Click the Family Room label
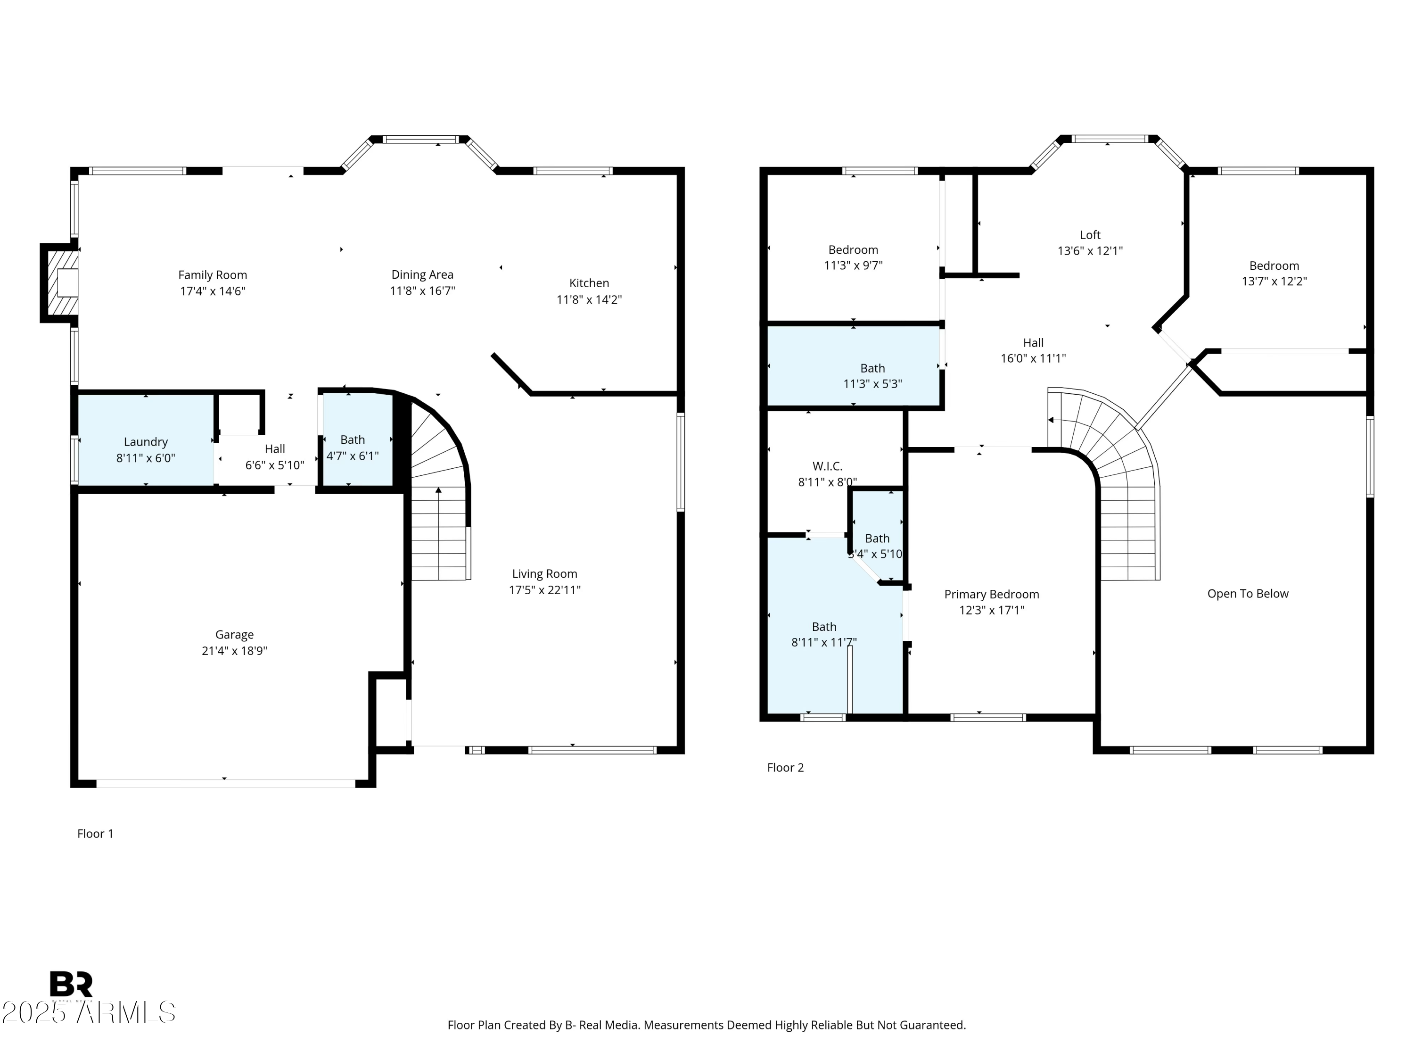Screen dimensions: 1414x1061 [212, 275]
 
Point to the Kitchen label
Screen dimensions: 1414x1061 [589, 282]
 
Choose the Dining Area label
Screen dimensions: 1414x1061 [422, 274]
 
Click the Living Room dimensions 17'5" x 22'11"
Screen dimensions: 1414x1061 [545, 589]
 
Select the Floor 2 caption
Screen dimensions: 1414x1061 [785, 767]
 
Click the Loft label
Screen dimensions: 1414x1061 [1090, 235]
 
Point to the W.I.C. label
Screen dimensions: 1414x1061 [827, 466]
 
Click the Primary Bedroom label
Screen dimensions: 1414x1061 [992, 594]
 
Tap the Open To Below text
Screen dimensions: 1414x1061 [1248, 594]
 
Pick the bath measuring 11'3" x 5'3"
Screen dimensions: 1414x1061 [854, 366]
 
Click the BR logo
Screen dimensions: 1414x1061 [71, 984]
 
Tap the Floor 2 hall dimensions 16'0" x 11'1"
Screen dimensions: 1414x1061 [1033, 358]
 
